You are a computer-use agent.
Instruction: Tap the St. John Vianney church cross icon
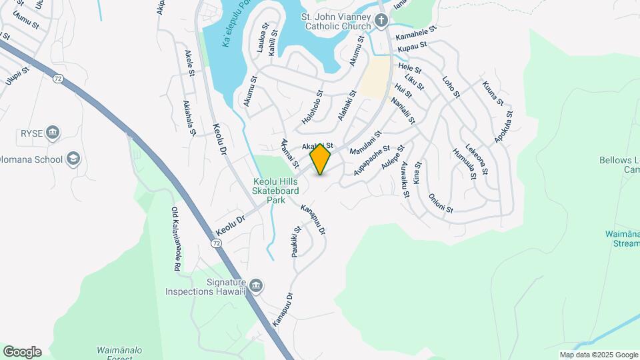tap(381, 21)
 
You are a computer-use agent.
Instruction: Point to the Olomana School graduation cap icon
tap(73, 159)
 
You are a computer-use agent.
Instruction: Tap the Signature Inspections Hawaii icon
tap(257, 287)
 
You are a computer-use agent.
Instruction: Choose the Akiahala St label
tap(189, 118)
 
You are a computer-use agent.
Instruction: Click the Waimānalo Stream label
tap(622, 239)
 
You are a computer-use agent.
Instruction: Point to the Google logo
tap(22, 352)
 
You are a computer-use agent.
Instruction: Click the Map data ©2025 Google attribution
tap(599, 355)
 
